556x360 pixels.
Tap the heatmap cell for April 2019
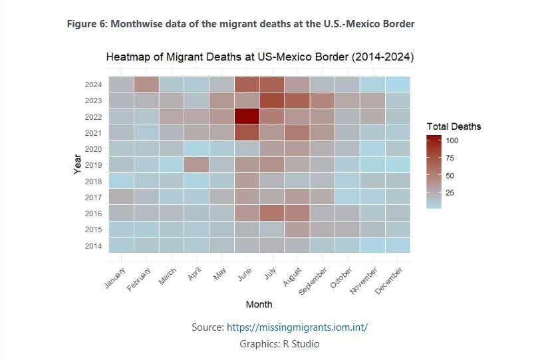pyautogui.click(x=196, y=164)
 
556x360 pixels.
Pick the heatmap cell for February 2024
pyautogui.click(x=146, y=84)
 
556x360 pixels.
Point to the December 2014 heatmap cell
pyautogui.click(x=397, y=245)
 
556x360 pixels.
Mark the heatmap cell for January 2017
pyautogui.click(x=121, y=196)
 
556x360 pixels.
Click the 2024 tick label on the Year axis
pyautogui.click(x=93, y=85)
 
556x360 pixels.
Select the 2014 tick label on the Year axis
pyautogui.click(x=93, y=246)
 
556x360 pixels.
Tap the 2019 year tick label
pyautogui.click(x=93, y=165)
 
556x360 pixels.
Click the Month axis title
pyautogui.click(x=259, y=304)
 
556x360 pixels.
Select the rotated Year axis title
pyautogui.click(x=77, y=164)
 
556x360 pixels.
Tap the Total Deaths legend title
pyautogui.click(x=454, y=126)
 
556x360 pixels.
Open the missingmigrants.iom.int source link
pyautogui.click(x=297, y=327)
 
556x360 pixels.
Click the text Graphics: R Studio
pyautogui.click(x=279, y=344)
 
